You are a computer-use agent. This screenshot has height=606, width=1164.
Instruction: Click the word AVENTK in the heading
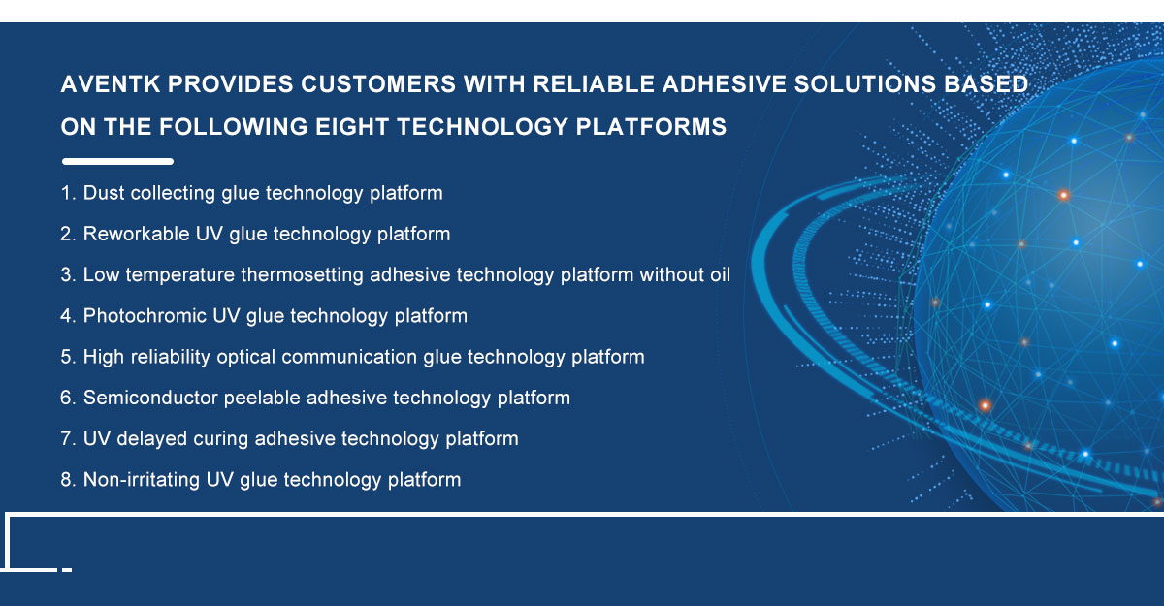click(x=111, y=84)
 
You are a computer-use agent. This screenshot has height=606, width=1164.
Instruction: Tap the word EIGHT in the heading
click(x=352, y=127)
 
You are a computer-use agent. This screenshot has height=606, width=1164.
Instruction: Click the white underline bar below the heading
click(x=117, y=162)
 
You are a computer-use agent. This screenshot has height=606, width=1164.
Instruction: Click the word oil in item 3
click(x=720, y=274)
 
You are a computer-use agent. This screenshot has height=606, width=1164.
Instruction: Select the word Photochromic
click(x=145, y=316)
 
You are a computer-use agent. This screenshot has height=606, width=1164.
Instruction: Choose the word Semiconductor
click(x=150, y=398)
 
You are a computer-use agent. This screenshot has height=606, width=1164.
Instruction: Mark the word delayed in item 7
click(x=151, y=439)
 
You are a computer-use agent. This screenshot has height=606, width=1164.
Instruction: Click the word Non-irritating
click(x=142, y=480)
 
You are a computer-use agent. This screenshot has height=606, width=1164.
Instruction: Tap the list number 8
click(x=68, y=480)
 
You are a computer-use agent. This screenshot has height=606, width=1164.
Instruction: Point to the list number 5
click(x=68, y=357)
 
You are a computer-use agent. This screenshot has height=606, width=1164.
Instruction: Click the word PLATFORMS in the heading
click(x=651, y=127)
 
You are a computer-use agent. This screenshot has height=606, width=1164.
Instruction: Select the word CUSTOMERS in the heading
click(x=377, y=84)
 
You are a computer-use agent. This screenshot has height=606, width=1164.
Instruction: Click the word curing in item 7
click(x=221, y=439)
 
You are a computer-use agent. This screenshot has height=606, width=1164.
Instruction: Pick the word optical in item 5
click(x=245, y=357)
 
